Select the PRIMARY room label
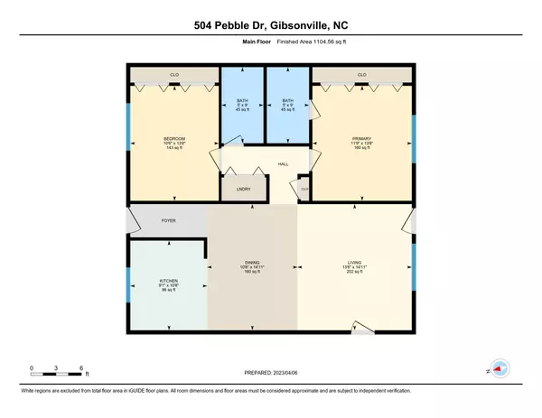click(362, 139)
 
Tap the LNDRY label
click(243, 189)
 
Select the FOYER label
click(167, 218)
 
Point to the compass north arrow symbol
click(500, 370)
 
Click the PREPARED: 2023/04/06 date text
click(270, 372)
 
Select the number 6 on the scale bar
click(82, 368)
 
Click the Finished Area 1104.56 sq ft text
click(302, 42)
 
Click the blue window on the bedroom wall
click(127, 124)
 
